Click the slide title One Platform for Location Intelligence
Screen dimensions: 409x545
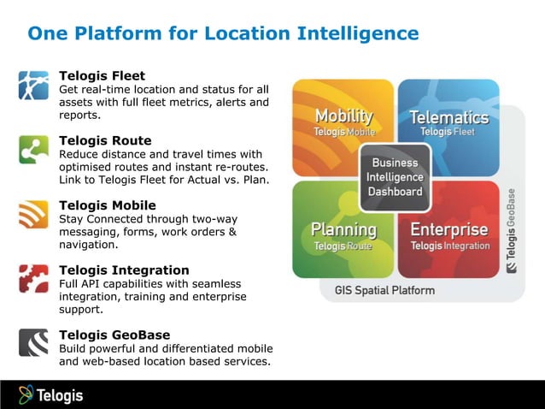click(223, 33)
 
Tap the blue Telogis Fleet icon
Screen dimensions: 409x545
click(34, 86)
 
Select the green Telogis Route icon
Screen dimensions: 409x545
click(34, 150)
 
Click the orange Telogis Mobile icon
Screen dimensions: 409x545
click(34, 214)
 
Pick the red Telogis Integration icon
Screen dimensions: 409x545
click(34, 279)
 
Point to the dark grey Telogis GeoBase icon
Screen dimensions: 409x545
click(34, 342)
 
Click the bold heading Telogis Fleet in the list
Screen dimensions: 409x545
click(102, 76)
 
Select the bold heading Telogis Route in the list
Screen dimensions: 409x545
click(105, 140)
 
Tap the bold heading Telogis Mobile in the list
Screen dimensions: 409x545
click(108, 205)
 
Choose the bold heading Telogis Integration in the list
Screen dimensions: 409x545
click(124, 270)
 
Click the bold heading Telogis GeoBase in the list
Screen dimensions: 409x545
click(114, 335)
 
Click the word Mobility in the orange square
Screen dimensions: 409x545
click(343, 116)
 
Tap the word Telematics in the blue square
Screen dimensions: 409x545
click(448, 117)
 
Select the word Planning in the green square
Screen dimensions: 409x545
click(343, 229)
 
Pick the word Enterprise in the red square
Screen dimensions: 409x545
click(449, 229)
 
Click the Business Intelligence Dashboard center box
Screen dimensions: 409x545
click(395, 177)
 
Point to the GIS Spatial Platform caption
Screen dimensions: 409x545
click(378, 290)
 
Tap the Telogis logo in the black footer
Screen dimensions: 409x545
click(51, 394)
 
